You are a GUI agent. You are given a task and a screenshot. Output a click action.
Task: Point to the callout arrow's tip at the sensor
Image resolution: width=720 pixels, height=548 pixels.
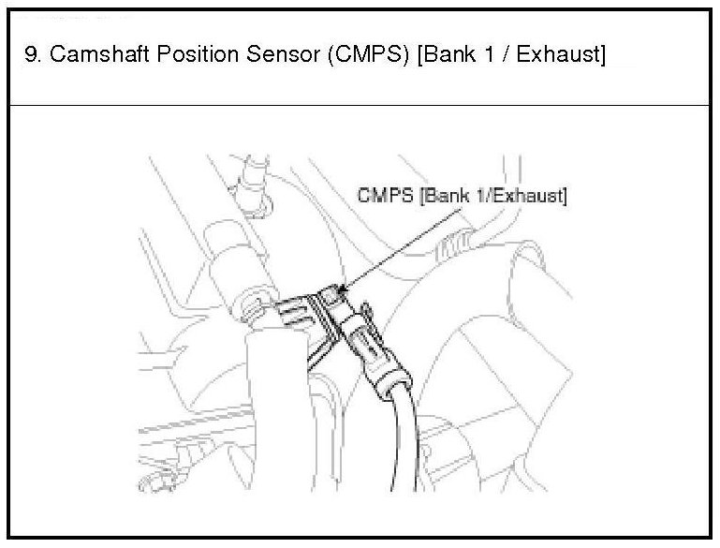[x=343, y=293]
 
